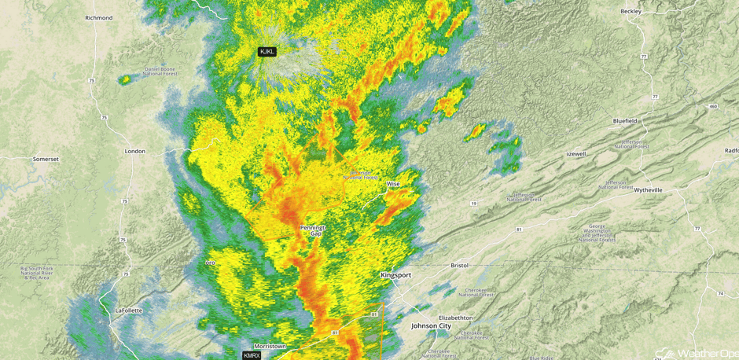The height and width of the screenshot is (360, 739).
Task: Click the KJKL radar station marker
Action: coord(267,52)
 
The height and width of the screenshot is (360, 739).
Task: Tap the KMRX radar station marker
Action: coord(252,355)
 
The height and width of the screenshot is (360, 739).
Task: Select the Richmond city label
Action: coord(99,17)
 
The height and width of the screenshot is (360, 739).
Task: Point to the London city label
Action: coord(134,151)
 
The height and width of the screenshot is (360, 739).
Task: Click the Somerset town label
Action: coord(46,159)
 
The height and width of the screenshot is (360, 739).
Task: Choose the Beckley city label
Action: coord(631,12)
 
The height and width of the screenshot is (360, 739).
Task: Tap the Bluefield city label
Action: coord(625,121)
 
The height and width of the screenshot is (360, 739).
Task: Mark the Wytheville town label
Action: coord(648,189)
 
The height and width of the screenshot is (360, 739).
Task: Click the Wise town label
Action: coord(392,184)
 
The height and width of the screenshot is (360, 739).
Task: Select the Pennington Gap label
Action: coord(312,230)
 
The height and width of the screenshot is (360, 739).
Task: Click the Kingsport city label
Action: coord(395,276)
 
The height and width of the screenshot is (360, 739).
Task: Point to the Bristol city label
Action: coord(459,266)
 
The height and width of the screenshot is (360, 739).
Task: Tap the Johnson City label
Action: coord(432,325)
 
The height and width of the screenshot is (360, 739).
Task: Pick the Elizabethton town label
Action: coord(456,318)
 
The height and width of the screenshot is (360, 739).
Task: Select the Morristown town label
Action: coord(270,346)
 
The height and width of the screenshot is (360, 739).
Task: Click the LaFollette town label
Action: coord(129,310)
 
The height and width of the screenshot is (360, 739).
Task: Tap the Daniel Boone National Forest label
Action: coord(160,71)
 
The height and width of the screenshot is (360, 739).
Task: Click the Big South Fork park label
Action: coord(37,273)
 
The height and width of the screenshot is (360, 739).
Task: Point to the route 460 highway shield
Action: coord(712,106)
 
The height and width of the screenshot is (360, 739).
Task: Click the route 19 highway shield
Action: coord(473,204)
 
